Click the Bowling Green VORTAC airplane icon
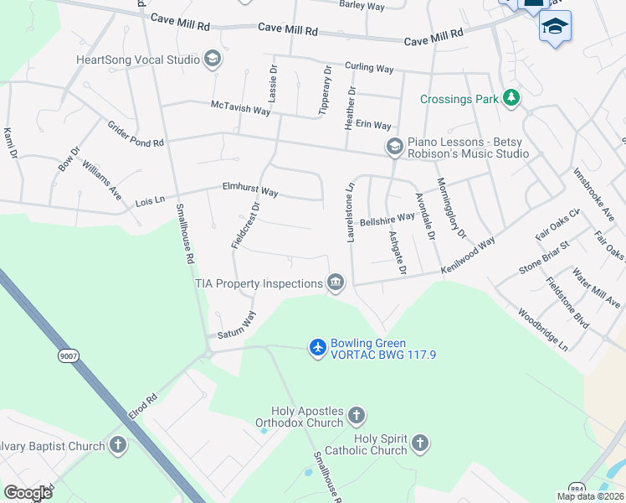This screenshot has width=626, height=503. (317, 346)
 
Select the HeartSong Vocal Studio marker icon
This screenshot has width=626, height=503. (213, 59)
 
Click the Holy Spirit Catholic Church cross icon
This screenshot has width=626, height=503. (420, 442)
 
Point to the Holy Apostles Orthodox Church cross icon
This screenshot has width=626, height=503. (357, 415)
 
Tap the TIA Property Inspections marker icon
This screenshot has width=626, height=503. (336, 283)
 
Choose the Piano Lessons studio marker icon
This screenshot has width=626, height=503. (394, 147)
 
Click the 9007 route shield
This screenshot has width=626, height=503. (67, 356)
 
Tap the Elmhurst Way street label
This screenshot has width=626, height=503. (249, 190)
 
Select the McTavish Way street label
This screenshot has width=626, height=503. (241, 109)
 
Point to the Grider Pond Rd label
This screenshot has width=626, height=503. (136, 134)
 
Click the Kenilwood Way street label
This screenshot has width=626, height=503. (468, 253)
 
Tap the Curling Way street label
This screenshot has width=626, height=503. (369, 68)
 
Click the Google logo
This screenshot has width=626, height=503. (28, 492)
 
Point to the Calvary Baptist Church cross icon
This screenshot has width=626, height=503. (118, 445)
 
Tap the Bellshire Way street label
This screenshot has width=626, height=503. (387, 218)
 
